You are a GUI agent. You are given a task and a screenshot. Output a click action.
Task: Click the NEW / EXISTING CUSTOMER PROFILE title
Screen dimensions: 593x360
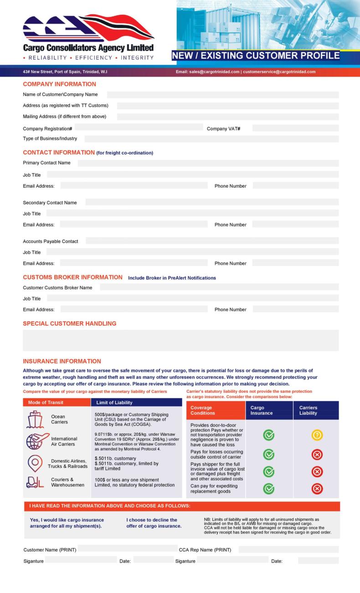tap(256, 56)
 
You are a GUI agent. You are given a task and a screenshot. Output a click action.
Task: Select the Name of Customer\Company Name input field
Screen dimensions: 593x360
tap(223, 95)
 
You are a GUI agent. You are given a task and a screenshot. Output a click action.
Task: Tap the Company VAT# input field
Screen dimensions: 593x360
tap(295, 128)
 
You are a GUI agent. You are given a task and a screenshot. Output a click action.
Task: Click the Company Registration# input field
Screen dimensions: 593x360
tap(139, 128)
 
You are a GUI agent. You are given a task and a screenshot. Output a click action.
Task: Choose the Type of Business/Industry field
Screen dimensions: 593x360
tap(211, 139)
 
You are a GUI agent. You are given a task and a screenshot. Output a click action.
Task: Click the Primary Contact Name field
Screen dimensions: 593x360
tap(208, 163)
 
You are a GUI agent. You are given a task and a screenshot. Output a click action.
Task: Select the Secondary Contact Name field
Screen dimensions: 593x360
tap(212, 202)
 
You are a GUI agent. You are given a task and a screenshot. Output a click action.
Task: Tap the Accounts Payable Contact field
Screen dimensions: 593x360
tap(212, 241)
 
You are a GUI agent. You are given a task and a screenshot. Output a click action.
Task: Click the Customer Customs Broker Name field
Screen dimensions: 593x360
tap(219, 287)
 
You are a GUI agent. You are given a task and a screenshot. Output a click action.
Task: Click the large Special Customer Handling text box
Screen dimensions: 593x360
tap(180, 340)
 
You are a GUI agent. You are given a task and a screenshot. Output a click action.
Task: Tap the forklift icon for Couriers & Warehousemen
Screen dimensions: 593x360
tap(35, 482)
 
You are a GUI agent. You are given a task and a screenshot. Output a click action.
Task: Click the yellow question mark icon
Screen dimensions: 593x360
tap(317, 435)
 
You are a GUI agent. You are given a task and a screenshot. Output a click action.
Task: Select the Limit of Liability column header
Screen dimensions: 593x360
tap(137, 402)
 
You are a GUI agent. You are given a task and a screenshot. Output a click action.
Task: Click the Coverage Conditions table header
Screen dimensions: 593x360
tap(215, 410)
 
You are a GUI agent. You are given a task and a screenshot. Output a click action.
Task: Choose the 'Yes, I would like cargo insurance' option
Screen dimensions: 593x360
tap(67, 523)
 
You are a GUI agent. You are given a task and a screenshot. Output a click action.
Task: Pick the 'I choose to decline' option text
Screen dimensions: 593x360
tap(154, 523)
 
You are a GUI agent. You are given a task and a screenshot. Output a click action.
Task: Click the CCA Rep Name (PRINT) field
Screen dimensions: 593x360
tap(288, 550)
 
